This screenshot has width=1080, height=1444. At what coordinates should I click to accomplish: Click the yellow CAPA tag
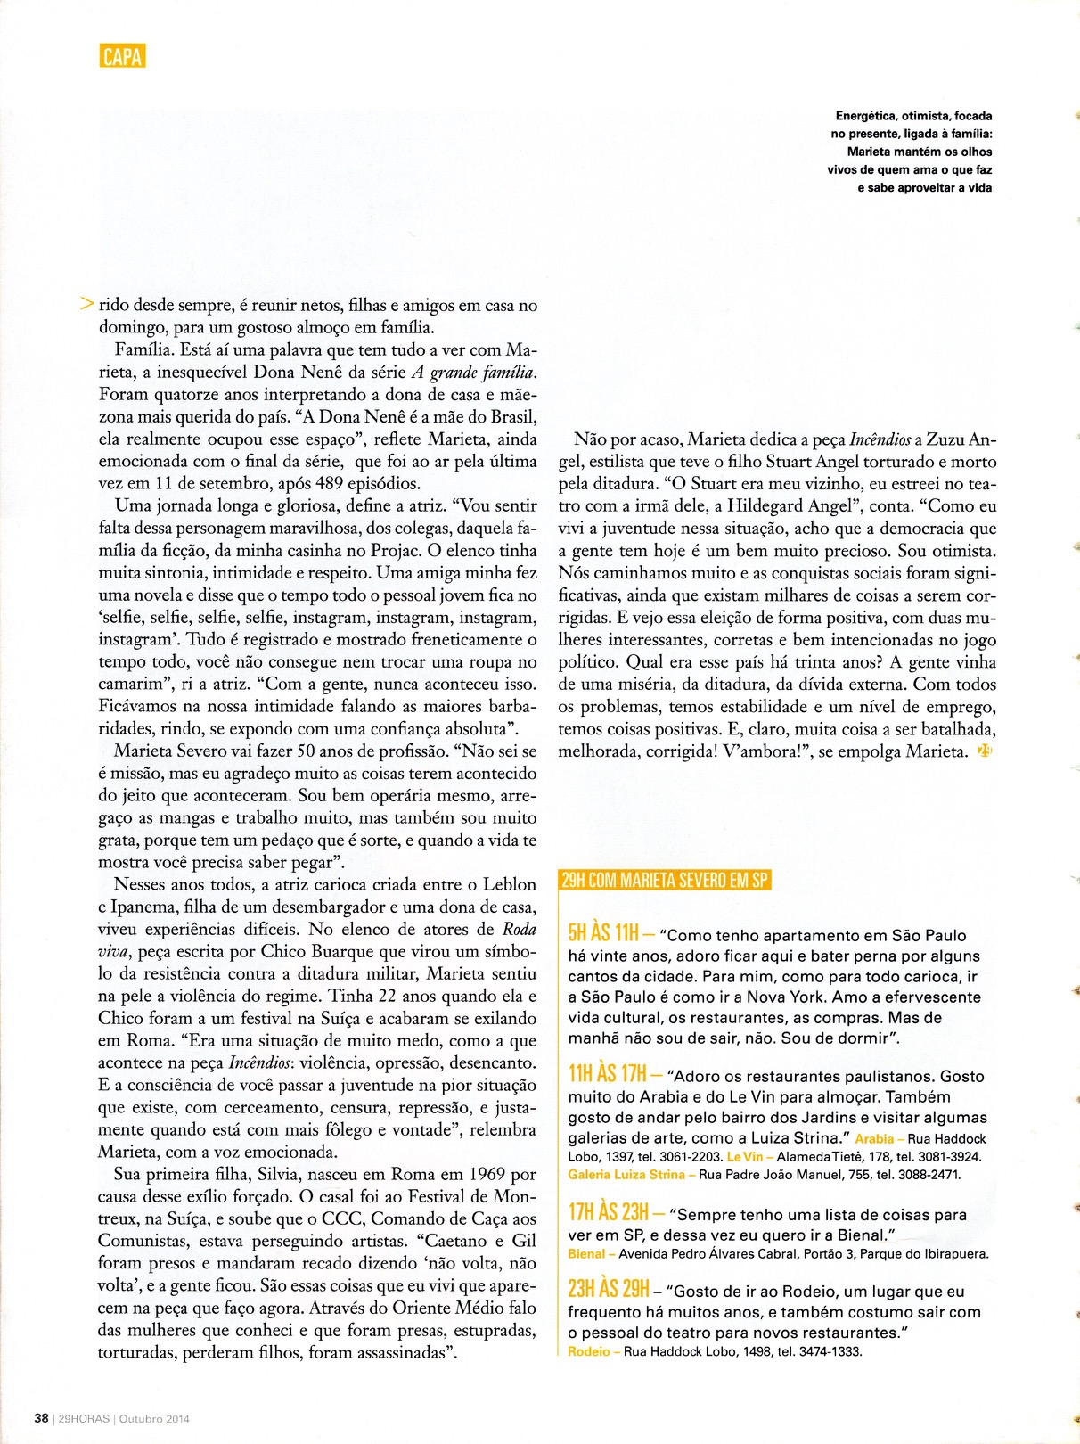[x=122, y=56]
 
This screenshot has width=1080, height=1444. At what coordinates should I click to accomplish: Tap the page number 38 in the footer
[x=41, y=1418]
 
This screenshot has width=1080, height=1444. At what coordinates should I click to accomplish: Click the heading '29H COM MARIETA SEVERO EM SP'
[x=664, y=880]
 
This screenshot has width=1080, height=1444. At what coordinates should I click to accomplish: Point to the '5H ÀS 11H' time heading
[x=603, y=933]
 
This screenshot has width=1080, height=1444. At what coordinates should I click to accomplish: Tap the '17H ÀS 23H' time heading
[x=609, y=1212]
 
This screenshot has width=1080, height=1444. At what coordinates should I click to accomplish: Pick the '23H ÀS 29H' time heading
[x=609, y=1289]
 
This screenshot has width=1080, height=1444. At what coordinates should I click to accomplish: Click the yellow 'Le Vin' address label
[x=745, y=1157]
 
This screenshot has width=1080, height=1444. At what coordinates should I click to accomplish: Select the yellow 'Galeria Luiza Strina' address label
[x=626, y=1175]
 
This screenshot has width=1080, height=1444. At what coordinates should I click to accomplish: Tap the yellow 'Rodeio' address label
[x=589, y=1351]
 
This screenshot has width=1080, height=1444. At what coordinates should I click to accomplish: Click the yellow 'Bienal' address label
[x=586, y=1254]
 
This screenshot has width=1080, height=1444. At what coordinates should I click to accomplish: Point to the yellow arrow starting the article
[x=86, y=304]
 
